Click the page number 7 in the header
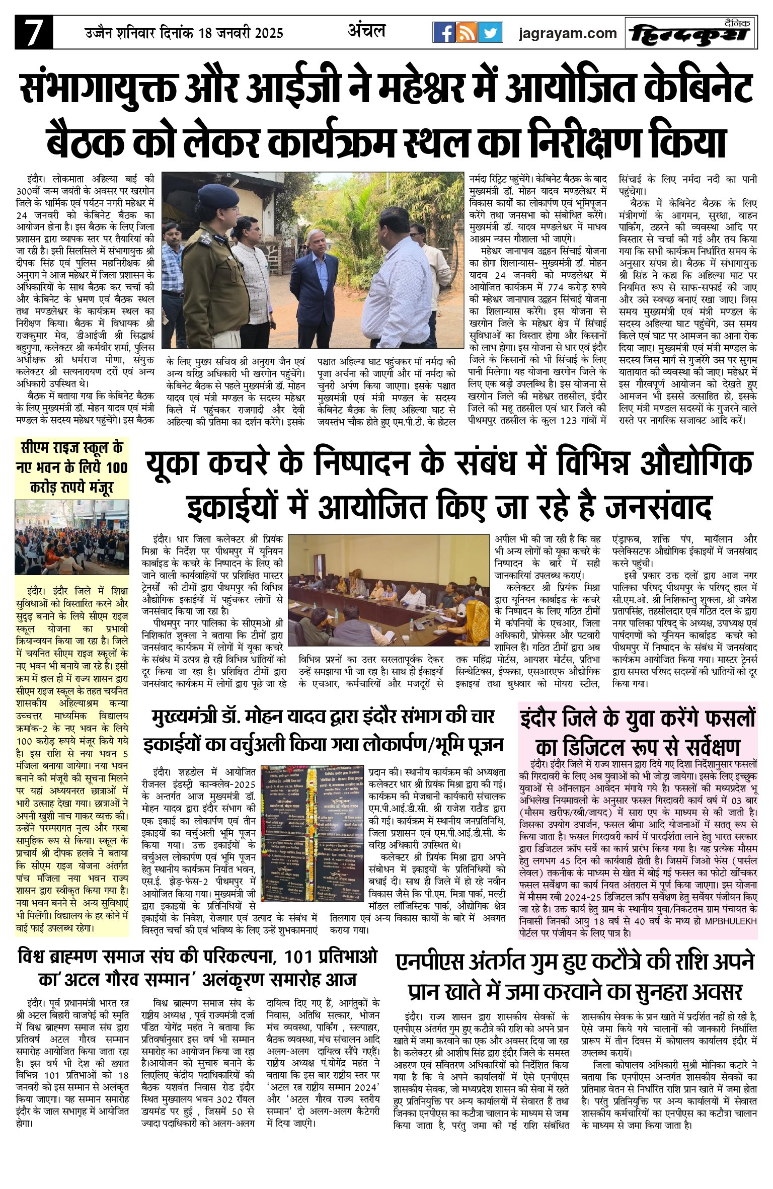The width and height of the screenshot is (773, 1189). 34,33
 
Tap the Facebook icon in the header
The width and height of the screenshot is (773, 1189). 443,33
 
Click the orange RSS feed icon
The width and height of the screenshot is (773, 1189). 467,33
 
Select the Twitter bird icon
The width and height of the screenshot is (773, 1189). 490,33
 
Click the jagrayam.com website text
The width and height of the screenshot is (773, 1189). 568,33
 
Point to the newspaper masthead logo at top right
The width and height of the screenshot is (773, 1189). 690,34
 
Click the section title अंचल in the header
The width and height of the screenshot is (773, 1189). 366,31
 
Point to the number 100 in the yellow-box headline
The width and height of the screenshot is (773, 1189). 116,467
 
